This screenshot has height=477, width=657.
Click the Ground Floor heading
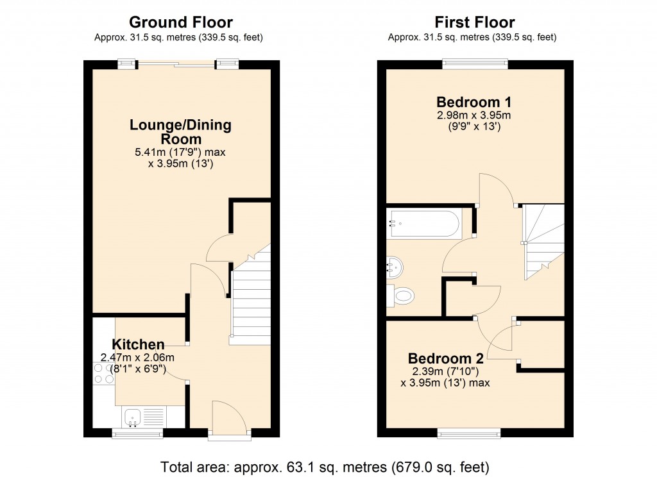182,23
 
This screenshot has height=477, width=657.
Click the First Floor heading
474,23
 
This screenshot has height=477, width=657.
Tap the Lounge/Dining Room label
180,132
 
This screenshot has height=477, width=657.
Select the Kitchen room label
139,344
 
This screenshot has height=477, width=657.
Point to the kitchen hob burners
103,373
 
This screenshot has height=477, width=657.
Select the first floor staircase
543,241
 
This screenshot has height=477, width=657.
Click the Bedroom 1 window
475,64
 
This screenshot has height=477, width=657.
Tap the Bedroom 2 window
469,434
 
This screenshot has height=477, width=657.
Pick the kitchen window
137,434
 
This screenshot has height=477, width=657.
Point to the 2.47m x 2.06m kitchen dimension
138,358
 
